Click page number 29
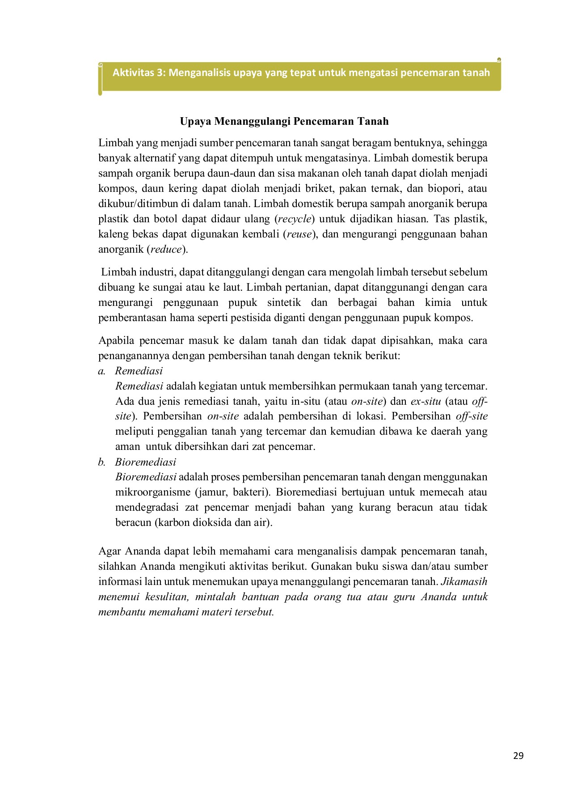(x=518, y=756)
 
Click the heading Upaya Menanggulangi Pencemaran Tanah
(x=284, y=121)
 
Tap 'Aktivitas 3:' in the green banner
(x=139, y=72)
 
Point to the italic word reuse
(x=299, y=234)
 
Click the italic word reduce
(x=166, y=250)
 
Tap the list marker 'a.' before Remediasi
(x=102, y=371)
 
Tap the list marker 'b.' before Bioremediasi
(x=102, y=462)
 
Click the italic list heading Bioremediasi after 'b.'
(x=145, y=462)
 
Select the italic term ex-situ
(x=426, y=401)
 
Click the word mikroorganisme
(x=152, y=492)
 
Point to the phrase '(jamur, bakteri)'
(x=232, y=492)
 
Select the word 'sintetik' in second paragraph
(x=284, y=303)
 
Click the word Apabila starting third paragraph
(x=116, y=341)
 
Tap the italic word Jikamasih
(x=464, y=582)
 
